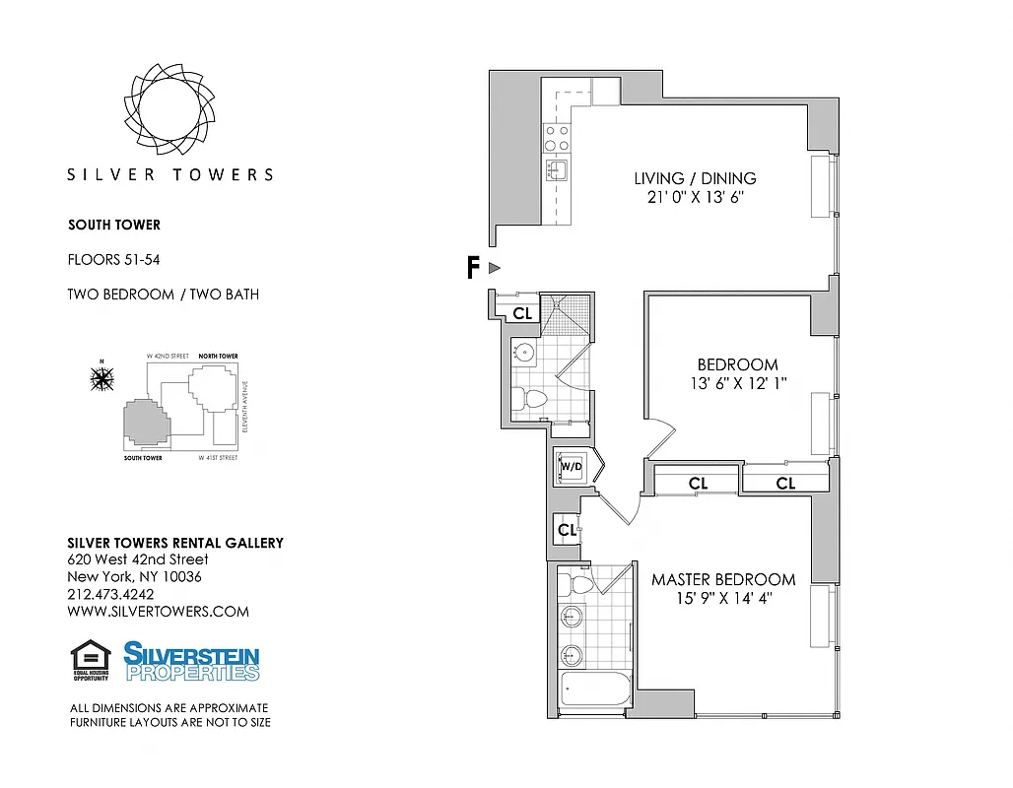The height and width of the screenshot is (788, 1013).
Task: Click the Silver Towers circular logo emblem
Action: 169,107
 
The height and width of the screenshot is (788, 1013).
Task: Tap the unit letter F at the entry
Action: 473,268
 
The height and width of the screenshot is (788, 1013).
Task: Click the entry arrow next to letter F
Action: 496,268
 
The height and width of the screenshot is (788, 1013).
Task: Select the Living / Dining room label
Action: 695,179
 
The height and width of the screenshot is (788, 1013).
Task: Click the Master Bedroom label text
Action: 722,579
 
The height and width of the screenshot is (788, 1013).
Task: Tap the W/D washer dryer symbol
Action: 572,467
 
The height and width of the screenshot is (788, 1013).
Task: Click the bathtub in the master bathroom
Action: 593,691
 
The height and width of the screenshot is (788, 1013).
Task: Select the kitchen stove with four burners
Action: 557,138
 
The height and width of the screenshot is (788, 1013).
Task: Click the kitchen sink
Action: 557,171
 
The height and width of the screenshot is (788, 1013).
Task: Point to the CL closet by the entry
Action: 522,313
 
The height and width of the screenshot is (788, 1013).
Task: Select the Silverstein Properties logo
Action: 191,661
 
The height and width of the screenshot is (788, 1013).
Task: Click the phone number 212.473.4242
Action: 110,594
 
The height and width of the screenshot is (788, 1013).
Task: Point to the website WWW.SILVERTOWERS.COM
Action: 158,612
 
